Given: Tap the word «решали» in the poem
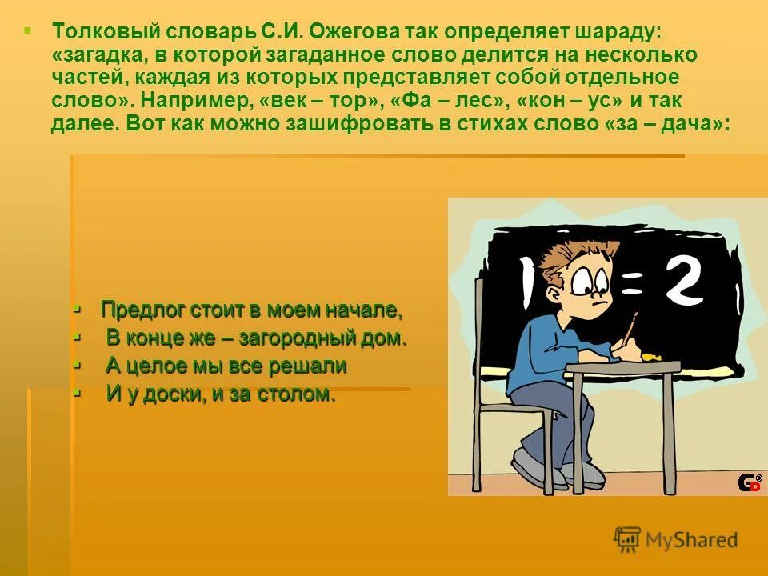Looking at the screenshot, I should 309,366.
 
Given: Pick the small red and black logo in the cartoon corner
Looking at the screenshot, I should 749,482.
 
